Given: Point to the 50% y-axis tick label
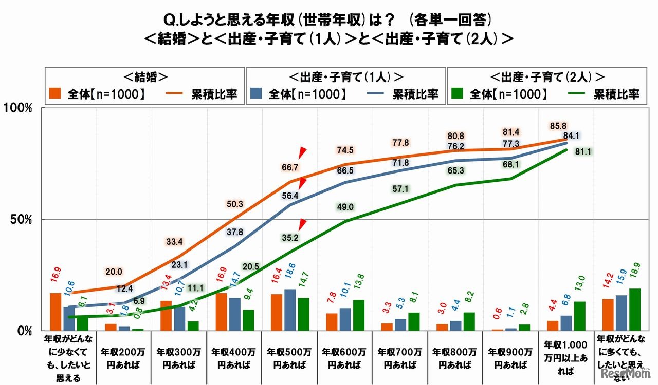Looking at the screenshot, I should [21, 220].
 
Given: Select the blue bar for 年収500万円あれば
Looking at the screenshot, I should [290, 310].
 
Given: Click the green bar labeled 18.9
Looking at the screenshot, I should [634, 310].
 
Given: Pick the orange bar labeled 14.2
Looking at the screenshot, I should [607, 315].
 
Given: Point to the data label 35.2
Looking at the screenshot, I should [290, 237].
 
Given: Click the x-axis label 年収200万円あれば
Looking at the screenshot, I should [124, 358].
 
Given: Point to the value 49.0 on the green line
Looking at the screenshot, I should [345, 207].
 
